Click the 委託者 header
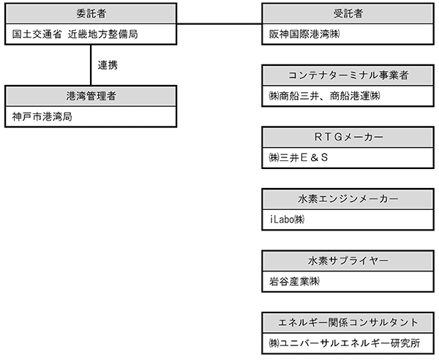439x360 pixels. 91,13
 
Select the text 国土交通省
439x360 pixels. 37,34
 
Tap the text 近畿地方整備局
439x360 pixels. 102,34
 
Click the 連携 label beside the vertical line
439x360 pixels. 108,65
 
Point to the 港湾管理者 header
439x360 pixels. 91,96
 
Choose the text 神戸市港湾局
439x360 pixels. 42,117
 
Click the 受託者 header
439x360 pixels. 348,13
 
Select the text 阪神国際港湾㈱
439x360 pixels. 304,34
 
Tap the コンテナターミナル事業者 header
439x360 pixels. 348,75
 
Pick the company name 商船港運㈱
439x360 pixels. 355,96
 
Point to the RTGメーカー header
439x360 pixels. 348,137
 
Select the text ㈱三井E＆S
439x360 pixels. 299,158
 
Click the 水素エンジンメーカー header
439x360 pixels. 348,199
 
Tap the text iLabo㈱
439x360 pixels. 288,220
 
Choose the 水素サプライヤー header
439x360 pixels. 348,261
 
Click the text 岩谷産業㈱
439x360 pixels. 294,281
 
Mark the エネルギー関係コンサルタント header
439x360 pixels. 348,323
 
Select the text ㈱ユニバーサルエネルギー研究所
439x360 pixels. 345,343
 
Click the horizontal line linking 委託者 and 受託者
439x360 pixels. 219,24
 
